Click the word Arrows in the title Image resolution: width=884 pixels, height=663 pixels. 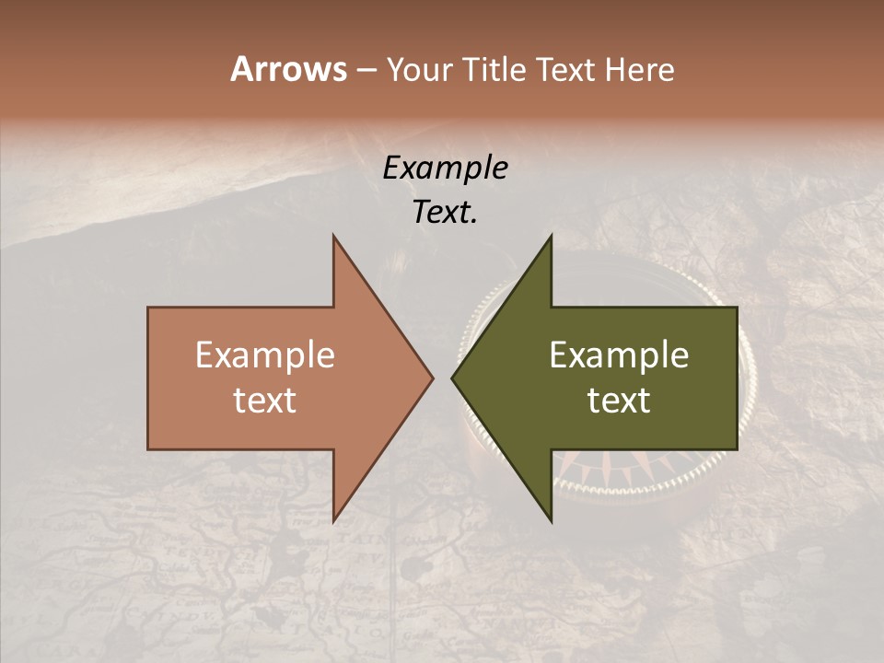288,69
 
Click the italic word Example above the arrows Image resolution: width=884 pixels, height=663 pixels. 445,169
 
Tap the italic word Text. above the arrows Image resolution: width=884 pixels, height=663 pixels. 445,212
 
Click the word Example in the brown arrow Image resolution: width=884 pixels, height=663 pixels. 265,355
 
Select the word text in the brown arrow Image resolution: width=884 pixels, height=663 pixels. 265,401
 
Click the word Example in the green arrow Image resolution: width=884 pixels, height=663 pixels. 619,355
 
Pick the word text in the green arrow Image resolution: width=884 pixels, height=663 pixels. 619,401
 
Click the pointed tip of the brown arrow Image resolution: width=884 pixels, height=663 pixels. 432,378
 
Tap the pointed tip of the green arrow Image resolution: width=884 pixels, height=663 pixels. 453,378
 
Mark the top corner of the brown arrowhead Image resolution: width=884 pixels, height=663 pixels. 333,237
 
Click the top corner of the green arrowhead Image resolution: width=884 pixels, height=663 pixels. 551,237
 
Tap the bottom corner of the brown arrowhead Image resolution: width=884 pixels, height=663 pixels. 333,520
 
